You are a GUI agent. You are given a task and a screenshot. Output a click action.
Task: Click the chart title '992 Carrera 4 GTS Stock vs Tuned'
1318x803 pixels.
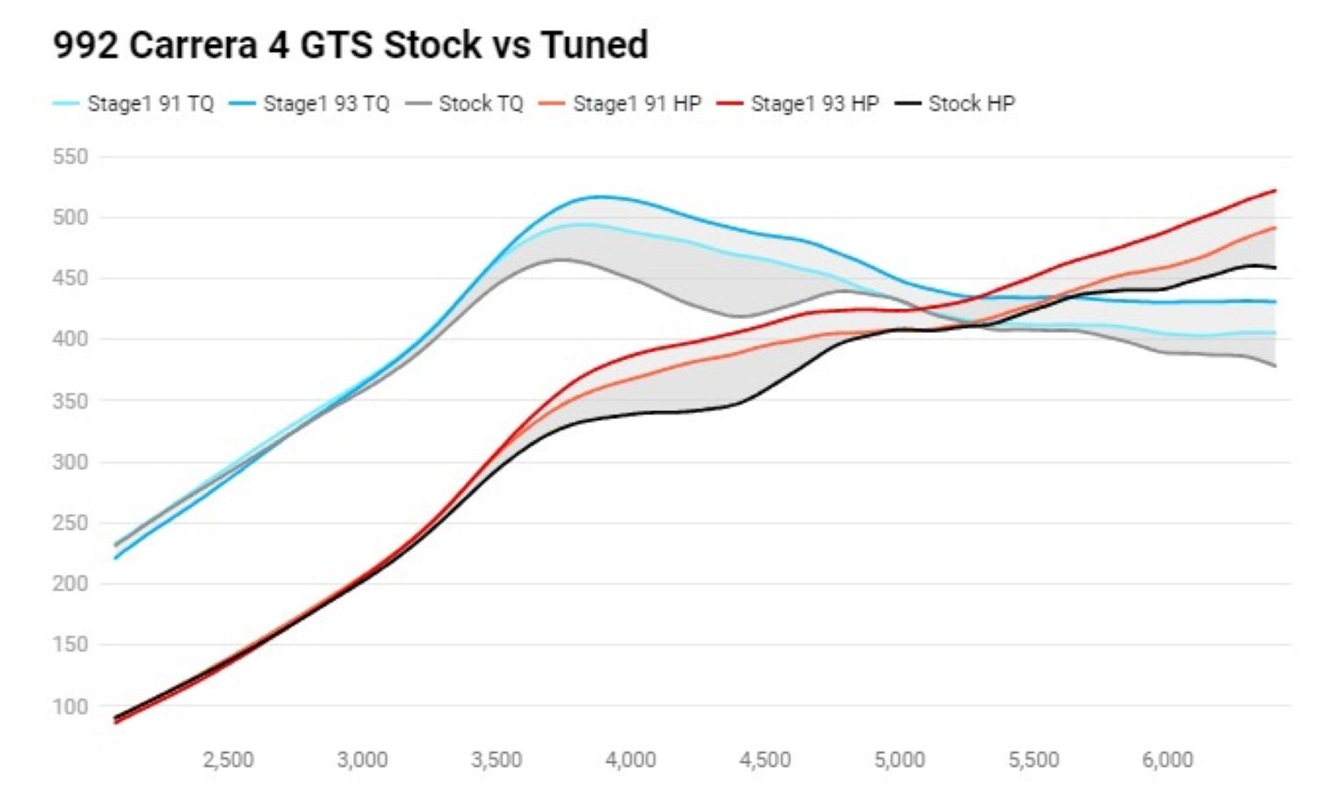tap(350, 45)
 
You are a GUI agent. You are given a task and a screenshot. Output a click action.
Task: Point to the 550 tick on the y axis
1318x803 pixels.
tap(70, 157)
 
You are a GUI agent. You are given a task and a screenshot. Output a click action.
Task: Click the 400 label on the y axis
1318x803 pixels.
tap(70, 339)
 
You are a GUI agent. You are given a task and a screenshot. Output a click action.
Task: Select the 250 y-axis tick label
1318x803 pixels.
tap(70, 523)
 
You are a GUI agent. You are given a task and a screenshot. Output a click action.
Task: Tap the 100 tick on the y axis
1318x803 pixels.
tap(70, 706)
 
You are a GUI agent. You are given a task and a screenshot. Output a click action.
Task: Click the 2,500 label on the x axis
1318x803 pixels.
tap(228, 760)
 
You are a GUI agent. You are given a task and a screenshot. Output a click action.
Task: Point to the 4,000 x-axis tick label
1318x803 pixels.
tap(631, 760)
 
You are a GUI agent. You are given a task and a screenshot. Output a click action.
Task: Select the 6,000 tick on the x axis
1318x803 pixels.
tap(1168, 760)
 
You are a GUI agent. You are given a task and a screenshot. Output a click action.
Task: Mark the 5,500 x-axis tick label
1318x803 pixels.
tap(1033, 760)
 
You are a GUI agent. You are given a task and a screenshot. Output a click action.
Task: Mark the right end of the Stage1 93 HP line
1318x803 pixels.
tap(1275, 191)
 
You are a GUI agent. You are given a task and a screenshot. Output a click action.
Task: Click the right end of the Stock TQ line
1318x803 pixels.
tap(1275, 365)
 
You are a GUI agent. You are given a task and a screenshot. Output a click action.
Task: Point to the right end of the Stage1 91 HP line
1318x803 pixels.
tap(1275, 228)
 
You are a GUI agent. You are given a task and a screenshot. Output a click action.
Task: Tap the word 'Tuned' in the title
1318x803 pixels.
tap(594, 45)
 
